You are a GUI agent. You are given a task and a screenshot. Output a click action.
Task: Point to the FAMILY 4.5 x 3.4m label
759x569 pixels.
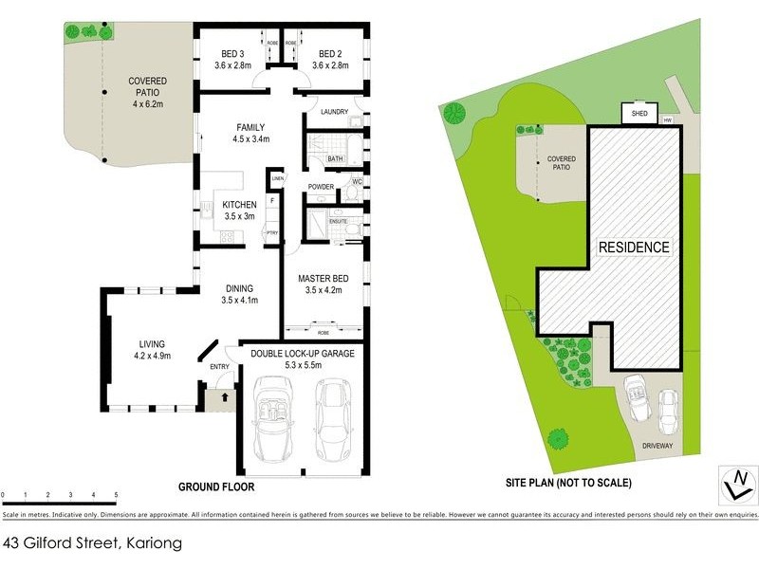pos(250,133)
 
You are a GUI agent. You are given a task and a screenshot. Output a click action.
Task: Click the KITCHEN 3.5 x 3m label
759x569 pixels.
pos(239,210)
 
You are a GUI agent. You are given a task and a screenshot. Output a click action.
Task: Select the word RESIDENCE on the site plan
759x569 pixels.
pos(634,248)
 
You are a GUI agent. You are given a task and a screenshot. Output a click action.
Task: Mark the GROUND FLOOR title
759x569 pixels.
pos(216,486)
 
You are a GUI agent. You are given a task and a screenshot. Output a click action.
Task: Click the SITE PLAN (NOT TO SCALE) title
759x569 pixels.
pos(568,483)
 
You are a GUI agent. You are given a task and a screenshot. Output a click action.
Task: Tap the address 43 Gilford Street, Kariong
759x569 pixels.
pos(91,544)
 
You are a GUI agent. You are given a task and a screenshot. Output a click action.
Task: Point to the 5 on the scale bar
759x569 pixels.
pos(116,495)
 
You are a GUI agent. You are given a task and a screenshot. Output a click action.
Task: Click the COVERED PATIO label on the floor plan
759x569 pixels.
pos(147,87)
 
